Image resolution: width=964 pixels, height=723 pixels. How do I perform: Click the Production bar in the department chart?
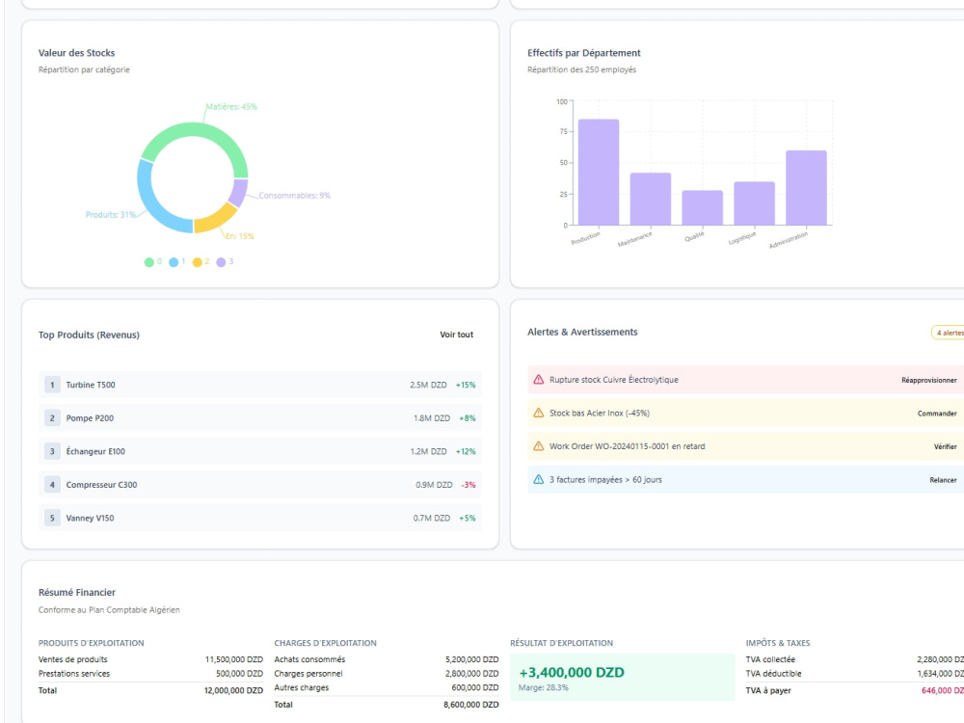click(599, 173)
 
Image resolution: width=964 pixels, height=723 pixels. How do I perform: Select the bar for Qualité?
click(702, 208)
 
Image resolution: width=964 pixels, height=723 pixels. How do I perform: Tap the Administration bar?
click(806, 188)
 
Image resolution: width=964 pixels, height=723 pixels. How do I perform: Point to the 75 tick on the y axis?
click(563, 131)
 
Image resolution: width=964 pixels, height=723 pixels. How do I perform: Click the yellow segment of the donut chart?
click(217, 220)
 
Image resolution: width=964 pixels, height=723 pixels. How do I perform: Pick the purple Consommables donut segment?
click(238, 193)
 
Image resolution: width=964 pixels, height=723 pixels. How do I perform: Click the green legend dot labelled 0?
click(148, 262)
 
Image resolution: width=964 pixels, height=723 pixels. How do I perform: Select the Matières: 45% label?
click(231, 107)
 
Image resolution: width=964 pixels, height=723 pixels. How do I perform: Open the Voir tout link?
click(456, 335)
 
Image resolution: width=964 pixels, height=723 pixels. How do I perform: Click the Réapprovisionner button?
click(929, 380)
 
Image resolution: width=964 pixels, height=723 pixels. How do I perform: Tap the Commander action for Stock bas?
click(937, 414)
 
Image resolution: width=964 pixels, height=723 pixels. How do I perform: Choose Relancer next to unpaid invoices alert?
click(943, 479)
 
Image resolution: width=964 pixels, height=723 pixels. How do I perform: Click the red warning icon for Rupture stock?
click(539, 379)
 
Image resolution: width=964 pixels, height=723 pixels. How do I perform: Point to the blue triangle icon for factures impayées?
click(539, 479)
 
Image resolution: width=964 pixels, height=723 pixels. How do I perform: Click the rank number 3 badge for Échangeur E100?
click(52, 451)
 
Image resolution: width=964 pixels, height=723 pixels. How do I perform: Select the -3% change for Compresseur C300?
click(469, 485)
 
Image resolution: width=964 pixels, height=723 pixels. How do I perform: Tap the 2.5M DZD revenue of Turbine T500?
click(429, 385)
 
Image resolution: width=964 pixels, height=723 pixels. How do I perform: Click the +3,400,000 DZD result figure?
click(572, 673)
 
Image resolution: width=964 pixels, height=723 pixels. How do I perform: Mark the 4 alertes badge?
click(950, 333)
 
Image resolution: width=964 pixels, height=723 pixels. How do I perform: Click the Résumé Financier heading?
click(77, 592)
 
